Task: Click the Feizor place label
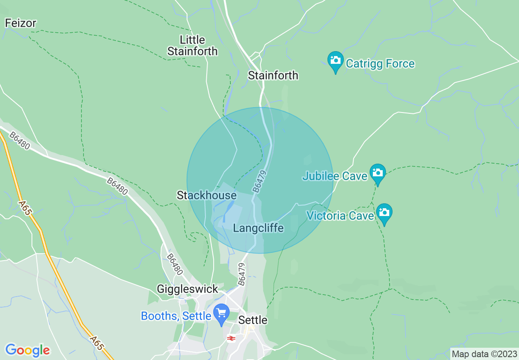coord(20,23)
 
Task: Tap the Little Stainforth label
coord(192,45)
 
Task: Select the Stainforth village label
coord(273,76)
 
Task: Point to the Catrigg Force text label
coord(380,64)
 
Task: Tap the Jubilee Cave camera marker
coord(377,173)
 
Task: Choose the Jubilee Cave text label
coord(335,176)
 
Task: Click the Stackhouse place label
coord(206,196)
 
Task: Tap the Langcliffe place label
coord(258,228)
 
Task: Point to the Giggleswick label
coord(187,289)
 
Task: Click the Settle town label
coord(253,320)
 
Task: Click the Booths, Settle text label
coord(176,316)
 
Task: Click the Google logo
coord(27,350)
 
